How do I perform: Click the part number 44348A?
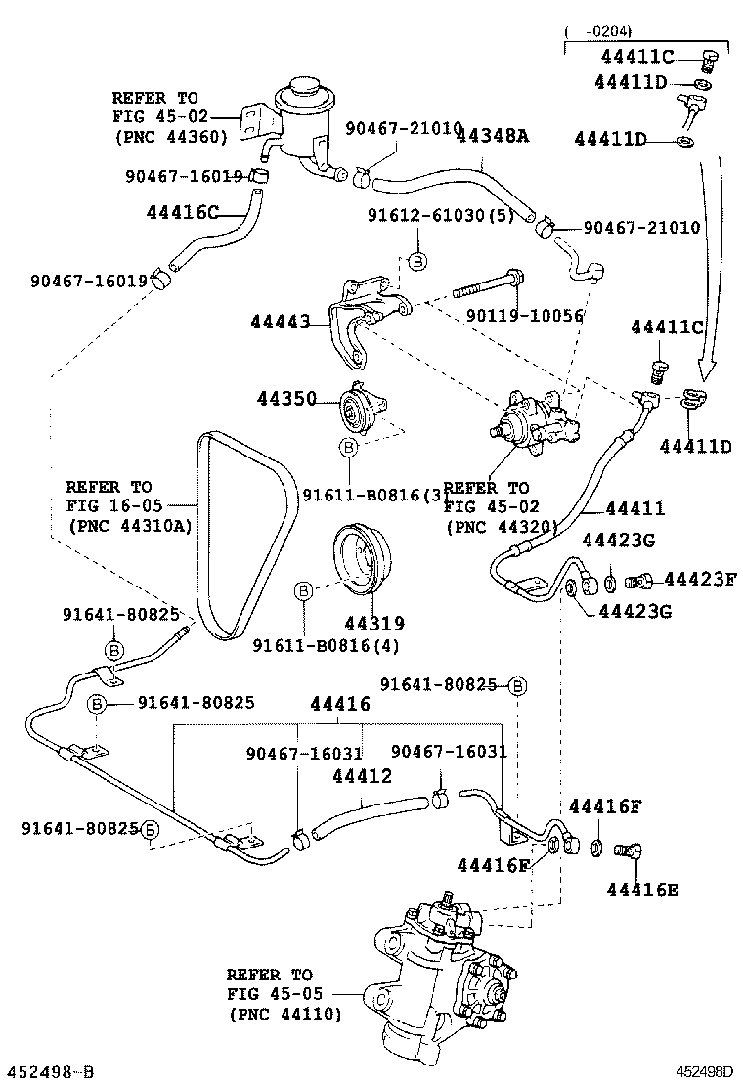(493, 137)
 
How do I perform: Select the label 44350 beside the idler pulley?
(287, 399)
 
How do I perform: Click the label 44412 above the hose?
(362, 777)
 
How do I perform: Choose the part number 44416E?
(641, 890)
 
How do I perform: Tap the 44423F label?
(700, 581)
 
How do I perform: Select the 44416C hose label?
(183, 211)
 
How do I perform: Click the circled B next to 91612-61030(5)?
(416, 262)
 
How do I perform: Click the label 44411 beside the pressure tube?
(634, 508)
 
